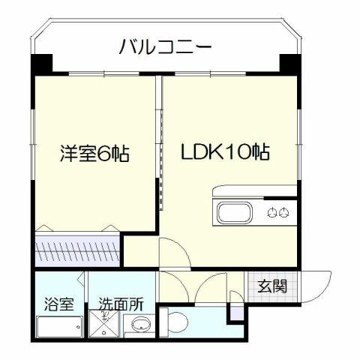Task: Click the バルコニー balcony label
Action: pos(166,47)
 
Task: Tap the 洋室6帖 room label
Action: pos(94,154)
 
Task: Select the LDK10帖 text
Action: pos(224,151)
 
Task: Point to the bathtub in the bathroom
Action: pos(59,328)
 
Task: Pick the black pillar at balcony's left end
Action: pos(42,64)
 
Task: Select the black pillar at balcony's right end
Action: pos(289,63)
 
